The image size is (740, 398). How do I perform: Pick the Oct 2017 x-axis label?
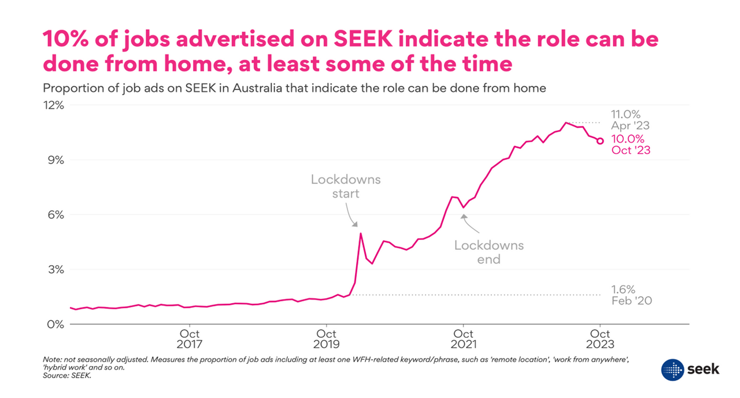click(190, 339)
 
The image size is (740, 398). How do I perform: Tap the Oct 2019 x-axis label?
click(327, 339)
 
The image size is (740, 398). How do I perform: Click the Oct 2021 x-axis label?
click(463, 339)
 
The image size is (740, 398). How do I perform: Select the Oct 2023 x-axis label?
click(600, 339)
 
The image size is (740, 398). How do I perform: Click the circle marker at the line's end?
click(601, 140)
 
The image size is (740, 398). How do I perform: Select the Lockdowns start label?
click(346, 186)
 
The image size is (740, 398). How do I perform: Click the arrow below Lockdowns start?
click(353, 218)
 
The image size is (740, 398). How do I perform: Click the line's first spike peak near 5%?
click(361, 233)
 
